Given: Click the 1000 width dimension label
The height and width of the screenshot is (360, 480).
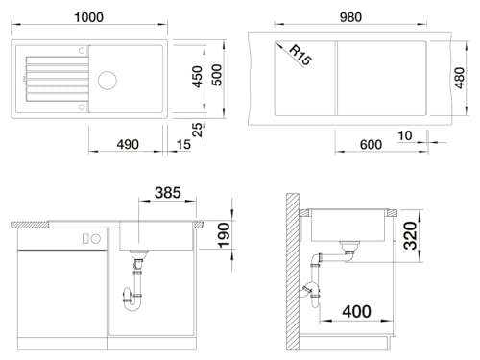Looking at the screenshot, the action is [88, 17].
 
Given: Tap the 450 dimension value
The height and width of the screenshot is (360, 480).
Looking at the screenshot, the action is [198, 77].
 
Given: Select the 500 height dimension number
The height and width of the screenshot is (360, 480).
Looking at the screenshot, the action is [217, 75].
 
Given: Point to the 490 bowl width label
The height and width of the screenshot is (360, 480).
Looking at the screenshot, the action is [128, 144].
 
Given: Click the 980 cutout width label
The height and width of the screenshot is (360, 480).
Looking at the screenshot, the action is [350, 17].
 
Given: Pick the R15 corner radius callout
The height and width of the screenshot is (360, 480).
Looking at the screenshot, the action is [300, 55].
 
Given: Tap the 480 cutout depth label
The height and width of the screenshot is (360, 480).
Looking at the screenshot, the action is [459, 78].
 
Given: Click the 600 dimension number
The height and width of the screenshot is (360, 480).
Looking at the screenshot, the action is [371, 145].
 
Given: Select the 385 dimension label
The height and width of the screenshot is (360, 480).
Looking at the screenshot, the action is [168, 193].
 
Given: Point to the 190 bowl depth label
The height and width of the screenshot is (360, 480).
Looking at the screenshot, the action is [224, 235].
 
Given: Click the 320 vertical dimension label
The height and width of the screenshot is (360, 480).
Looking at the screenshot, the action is [410, 236].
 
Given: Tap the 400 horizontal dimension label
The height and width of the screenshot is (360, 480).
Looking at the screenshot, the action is [357, 311].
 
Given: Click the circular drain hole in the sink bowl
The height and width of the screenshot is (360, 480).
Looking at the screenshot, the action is [108, 80].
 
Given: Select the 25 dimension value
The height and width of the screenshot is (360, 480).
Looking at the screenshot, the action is [198, 130].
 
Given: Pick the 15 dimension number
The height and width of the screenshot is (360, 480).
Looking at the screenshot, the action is [183, 145].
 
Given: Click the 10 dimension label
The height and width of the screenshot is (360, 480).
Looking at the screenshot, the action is [404, 135].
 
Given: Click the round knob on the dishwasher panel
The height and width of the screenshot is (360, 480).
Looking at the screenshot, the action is [96, 238].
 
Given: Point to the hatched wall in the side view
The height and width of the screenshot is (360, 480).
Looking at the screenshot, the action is [293, 272].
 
